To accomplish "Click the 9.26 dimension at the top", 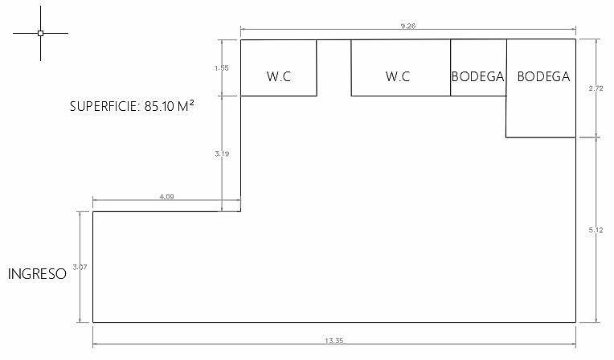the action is point(408,27).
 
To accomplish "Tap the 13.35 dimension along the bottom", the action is point(334,341).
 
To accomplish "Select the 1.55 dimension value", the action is point(221,68).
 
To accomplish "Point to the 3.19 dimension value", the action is point(222,153).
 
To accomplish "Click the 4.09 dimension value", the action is point(166,197).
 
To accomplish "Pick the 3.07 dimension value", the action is point(80,267).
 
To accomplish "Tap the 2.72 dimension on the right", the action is point(596,88).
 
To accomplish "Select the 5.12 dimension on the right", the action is point(596,231).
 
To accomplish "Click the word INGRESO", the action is point(37,274).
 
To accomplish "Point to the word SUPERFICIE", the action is point(103,106).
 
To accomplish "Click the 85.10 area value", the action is point(159,106).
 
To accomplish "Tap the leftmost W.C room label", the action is point(279,76).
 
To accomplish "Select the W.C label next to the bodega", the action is point(398,76).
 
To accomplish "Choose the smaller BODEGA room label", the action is point(477,76).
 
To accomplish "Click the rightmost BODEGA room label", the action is point(543,76).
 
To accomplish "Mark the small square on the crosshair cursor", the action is point(40,33).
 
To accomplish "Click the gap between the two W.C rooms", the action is point(334,67).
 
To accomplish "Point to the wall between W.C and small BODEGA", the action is point(450,67).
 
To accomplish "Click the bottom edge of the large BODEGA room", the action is point(541,137).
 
